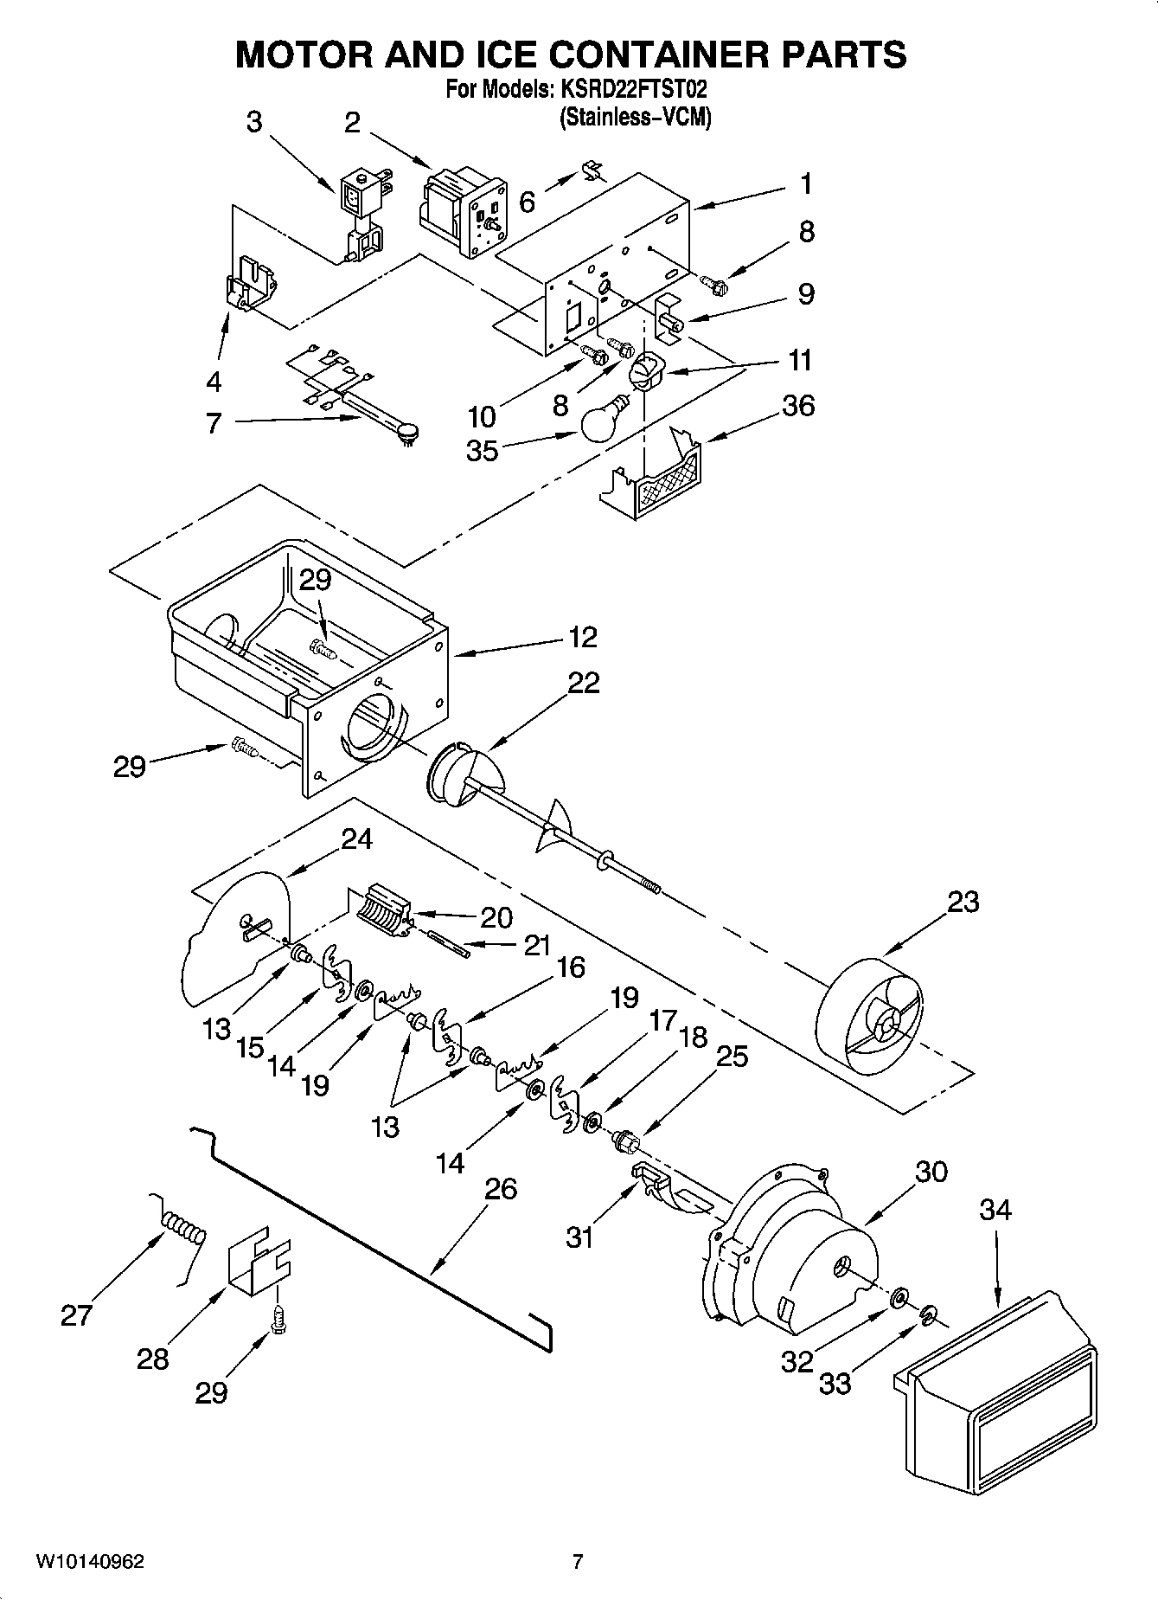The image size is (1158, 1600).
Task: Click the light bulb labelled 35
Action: pos(599,421)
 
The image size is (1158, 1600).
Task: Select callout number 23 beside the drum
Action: pos(963,902)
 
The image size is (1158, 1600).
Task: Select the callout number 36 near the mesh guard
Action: pos(797,405)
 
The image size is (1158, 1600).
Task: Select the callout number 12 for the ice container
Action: pos(583,638)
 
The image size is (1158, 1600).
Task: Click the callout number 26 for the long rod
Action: pos(501,1189)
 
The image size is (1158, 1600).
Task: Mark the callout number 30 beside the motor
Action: pos(931,1172)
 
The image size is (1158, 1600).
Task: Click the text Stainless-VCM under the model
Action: pos(636,117)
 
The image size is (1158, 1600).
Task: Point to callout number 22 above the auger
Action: pos(583,683)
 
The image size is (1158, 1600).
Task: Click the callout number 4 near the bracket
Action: pos(214,381)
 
